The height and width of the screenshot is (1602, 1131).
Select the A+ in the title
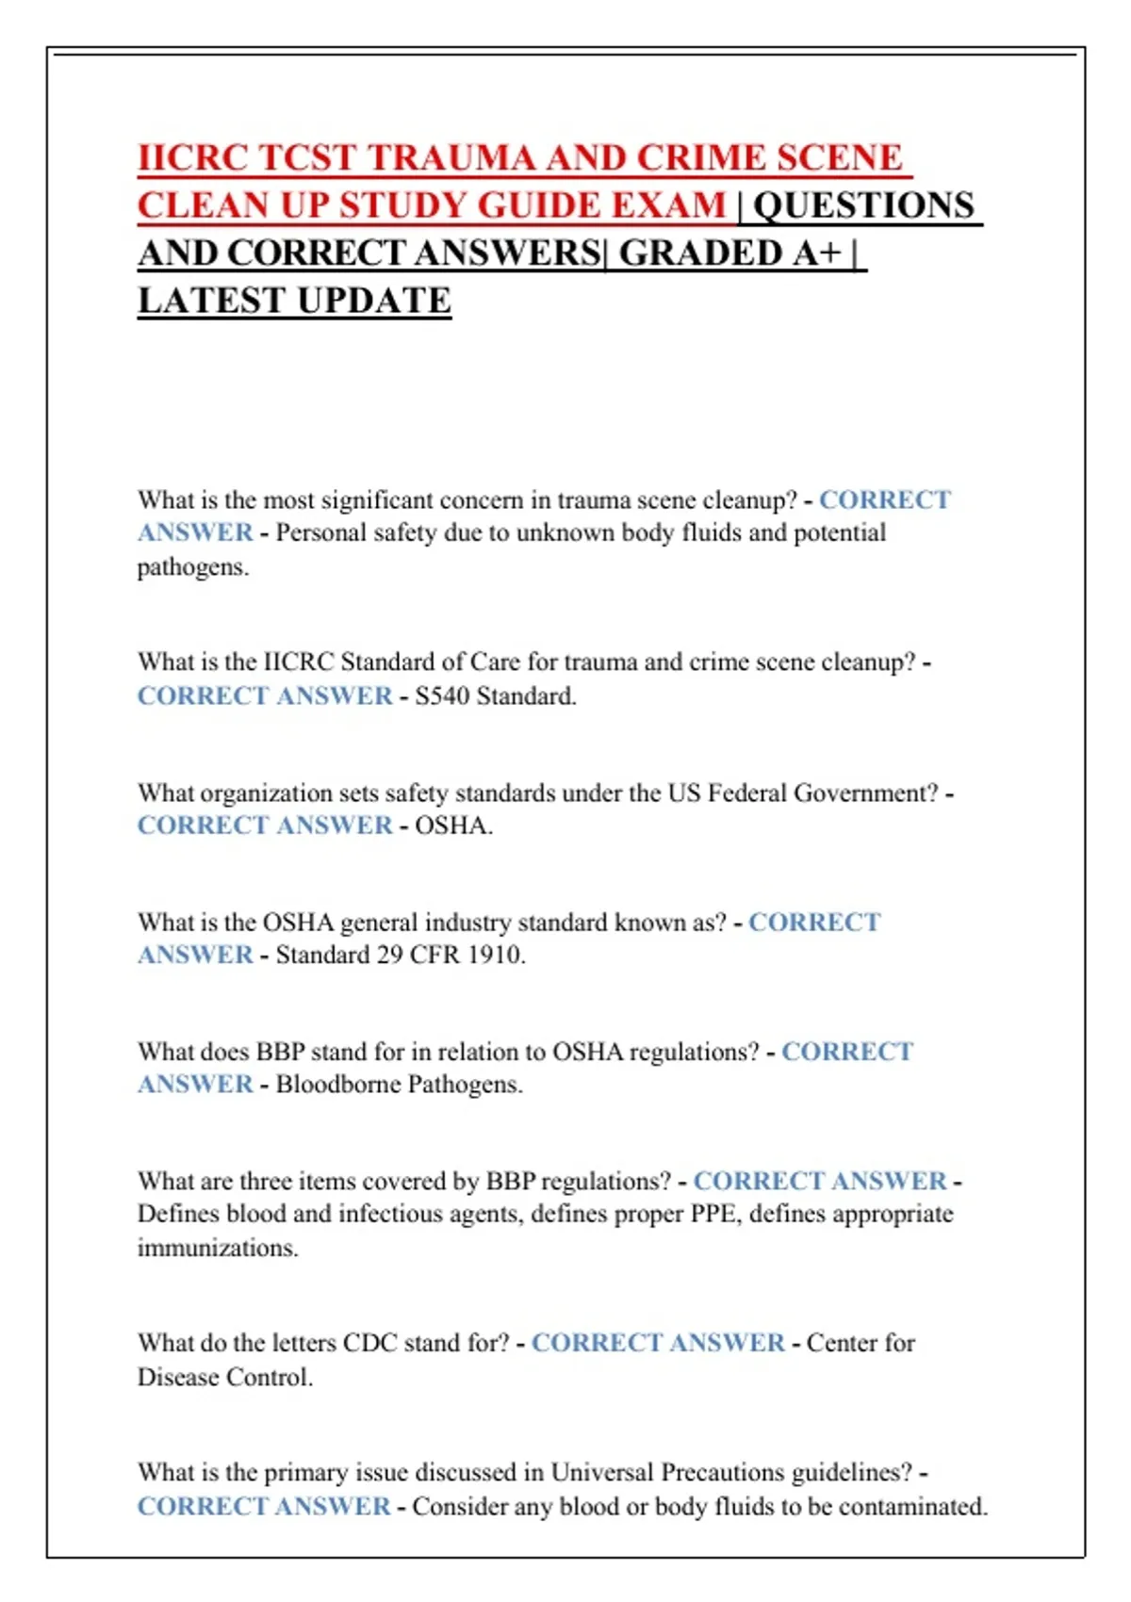point(816,253)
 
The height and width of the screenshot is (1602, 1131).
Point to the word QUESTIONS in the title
point(863,205)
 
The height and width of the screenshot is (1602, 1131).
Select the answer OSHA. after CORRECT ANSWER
point(453,826)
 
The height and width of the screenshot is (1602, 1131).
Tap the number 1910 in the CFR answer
point(496,955)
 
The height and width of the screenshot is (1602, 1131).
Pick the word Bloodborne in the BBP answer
point(338,1085)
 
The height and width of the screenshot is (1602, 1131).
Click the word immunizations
point(218,1248)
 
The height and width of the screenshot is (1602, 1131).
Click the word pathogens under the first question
point(192,567)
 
